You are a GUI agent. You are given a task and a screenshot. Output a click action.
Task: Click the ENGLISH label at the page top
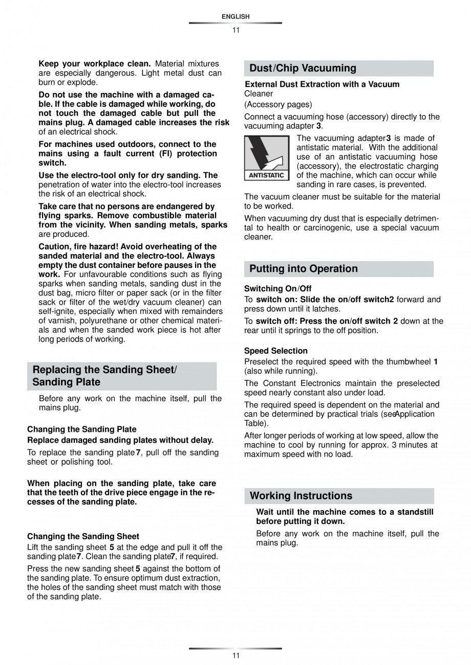[235, 17]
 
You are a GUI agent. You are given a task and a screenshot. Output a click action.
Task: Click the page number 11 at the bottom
[235, 656]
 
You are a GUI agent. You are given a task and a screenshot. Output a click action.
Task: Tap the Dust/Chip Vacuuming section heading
[303, 68]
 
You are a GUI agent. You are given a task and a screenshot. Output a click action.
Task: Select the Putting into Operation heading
[304, 269]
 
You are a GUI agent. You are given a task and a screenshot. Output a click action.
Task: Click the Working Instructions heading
[301, 496]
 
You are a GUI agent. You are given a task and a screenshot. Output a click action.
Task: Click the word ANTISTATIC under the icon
[266, 175]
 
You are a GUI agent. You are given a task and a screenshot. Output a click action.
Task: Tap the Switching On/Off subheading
[278, 289]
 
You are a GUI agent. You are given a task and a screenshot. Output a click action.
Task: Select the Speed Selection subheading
[276, 351]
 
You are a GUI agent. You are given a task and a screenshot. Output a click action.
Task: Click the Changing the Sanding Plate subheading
[82, 429]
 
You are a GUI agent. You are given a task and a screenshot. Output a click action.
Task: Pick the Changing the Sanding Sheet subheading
[83, 537]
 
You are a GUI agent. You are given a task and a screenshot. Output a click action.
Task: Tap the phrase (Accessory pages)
[278, 105]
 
